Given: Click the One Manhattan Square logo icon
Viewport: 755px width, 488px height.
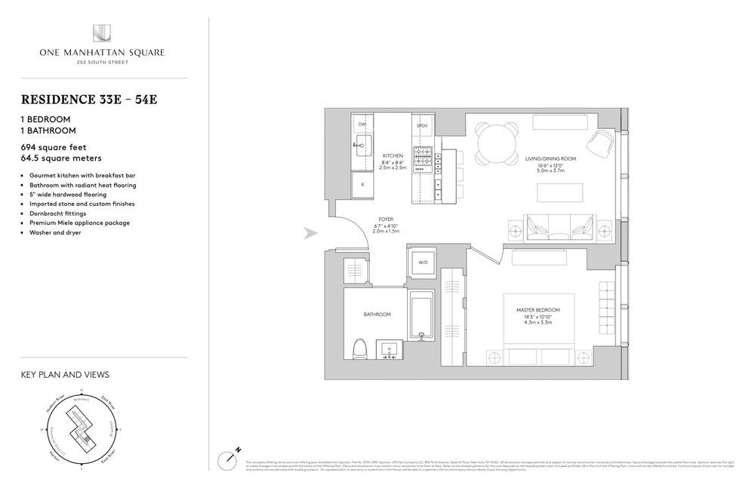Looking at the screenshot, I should (x=103, y=33).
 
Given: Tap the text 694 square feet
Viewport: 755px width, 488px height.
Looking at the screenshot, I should (x=51, y=147).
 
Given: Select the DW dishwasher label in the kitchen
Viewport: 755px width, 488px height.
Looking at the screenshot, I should (x=362, y=124).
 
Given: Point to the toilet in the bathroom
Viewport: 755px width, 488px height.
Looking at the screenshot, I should (x=361, y=348).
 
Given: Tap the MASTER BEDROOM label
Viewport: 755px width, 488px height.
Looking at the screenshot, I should (x=534, y=310).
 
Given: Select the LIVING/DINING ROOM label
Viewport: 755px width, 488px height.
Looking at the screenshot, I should (x=550, y=159).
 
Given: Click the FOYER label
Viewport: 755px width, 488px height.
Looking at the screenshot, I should (x=385, y=219).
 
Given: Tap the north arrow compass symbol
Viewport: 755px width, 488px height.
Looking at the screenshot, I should (x=229, y=459).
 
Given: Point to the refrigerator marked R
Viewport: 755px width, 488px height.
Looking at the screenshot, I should (x=362, y=184).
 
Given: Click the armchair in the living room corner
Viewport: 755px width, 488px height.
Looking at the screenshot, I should (x=602, y=143).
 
